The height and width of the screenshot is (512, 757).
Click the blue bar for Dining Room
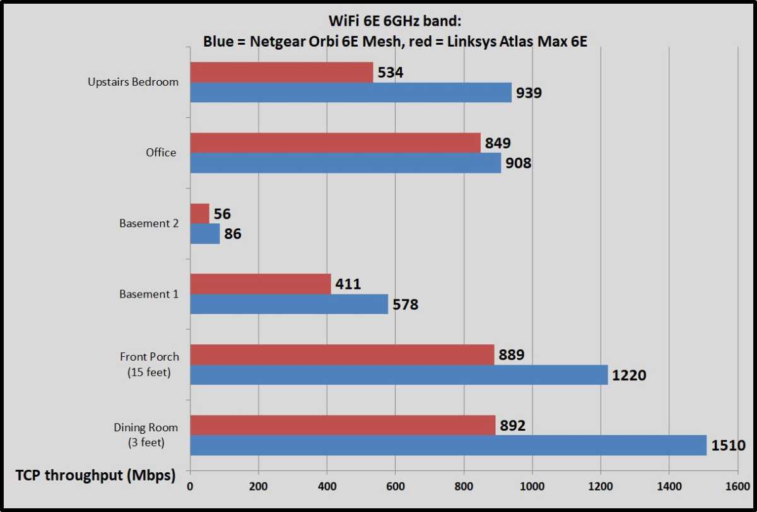click(x=448, y=445)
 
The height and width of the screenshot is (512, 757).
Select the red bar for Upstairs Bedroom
click(x=281, y=73)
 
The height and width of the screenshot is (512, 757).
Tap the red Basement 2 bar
click(x=199, y=214)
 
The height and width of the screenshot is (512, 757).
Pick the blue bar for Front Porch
click(x=399, y=375)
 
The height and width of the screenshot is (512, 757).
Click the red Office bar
click(x=335, y=143)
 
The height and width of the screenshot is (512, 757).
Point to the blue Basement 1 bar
click(x=289, y=305)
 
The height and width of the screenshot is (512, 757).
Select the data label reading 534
click(x=390, y=73)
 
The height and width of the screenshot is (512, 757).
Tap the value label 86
click(x=232, y=235)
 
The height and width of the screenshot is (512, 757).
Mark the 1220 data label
click(x=629, y=376)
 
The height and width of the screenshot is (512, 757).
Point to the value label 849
click(x=498, y=143)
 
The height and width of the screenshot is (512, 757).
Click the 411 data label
click(x=348, y=284)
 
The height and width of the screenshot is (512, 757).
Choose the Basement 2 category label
click(x=149, y=223)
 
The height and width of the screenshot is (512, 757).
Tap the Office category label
click(x=161, y=153)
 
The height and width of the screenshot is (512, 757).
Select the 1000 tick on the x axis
click(x=532, y=487)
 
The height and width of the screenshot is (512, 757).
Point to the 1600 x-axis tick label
click(x=737, y=487)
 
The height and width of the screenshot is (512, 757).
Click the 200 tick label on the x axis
click(x=258, y=487)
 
